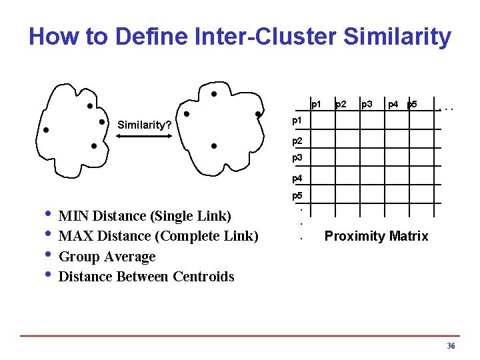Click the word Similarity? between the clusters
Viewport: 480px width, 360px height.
pyautogui.click(x=145, y=125)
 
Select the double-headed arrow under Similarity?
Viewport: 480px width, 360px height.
pyautogui.click(x=145, y=135)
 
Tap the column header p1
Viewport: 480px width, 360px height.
pyautogui.click(x=317, y=104)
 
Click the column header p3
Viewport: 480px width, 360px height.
pyautogui.click(x=366, y=104)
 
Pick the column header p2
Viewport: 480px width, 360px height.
pyautogui.click(x=341, y=104)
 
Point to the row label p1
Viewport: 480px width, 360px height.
pyautogui.click(x=297, y=121)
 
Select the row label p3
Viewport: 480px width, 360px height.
pyautogui.click(x=297, y=158)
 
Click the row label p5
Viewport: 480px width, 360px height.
pyautogui.click(x=297, y=196)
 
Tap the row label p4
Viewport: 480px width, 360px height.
pyautogui.click(x=297, y=178)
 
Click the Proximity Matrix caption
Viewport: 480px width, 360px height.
pyautogui.click(x=376, y=237)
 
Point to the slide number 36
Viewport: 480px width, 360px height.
pyautogui.click(x=451, y=346)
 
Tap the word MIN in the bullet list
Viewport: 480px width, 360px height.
pyautogui.click(x=74, y=216)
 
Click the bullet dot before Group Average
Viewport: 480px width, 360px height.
pyautogui.click(x=47, y=255)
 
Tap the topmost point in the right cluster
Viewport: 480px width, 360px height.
pyautogui.click(x=213, y=93)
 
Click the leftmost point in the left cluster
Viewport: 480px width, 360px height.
pyautogui.click(x=45, y=130)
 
